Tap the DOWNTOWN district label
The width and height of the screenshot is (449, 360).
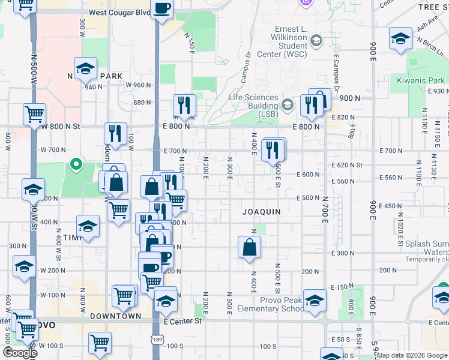pos(116,316)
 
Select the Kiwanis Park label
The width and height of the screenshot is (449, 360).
pos(420,80)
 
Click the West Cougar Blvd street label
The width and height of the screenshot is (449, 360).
pos(119,12)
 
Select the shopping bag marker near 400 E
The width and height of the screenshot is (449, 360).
pos(249,247)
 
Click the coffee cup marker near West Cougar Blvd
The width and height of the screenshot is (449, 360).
pos(162,8)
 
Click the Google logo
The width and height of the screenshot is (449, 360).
pos(20,352)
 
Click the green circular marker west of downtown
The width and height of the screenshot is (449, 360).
pos(76,163)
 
